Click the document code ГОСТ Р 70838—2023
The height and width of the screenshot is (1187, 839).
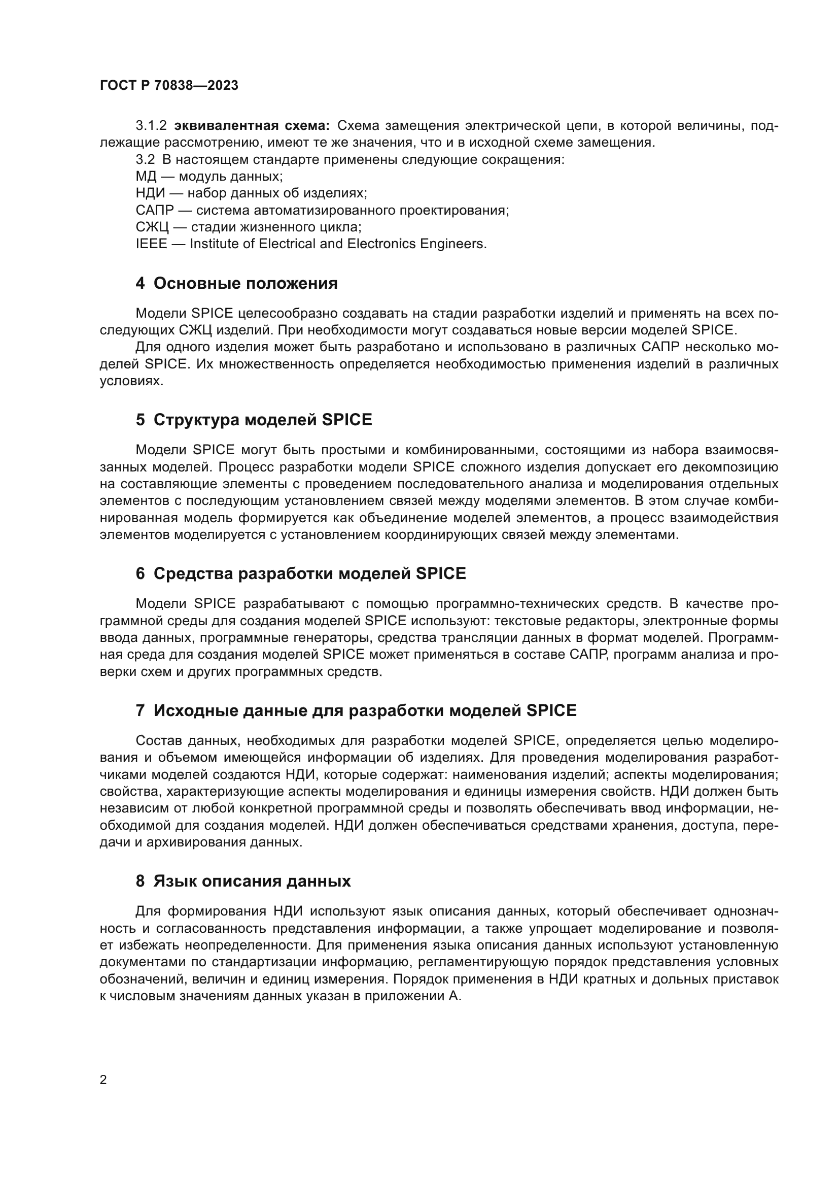coord(169,86)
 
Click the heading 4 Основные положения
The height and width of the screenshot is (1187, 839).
coord(236,283)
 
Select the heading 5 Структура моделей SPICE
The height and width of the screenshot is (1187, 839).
coord(254,420)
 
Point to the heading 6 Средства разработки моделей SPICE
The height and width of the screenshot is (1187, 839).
coord(301,573)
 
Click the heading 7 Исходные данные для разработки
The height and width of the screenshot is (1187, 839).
coord(356,711)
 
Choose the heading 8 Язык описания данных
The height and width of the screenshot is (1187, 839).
coord(243,881)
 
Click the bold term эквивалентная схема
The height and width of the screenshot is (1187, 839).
coord(252,126)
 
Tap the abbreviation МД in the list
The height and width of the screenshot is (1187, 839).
coord(146,176)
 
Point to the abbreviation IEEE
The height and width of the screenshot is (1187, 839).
coord(151,244)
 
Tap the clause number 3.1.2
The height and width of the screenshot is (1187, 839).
coord(151,126)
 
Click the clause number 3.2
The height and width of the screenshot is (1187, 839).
coord(145,160)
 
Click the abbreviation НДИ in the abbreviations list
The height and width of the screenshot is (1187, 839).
coord(150,193)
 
